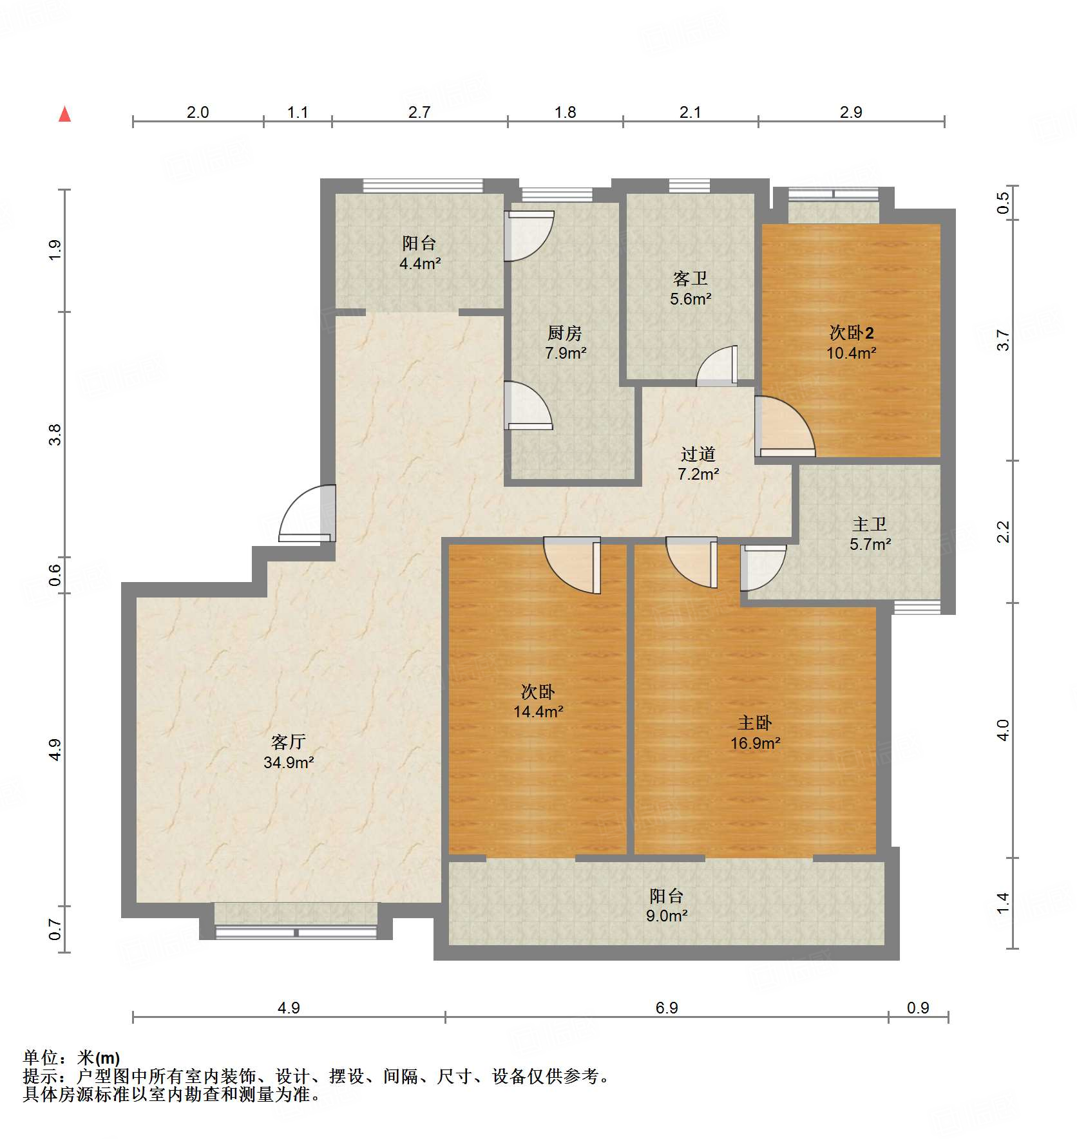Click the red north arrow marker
click(64, 114)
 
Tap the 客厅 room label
click(288, 742)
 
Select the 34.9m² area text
click(289, 763)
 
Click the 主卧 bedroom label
click(755, 723)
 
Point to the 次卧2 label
click(852, 332)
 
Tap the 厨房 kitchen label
click(565, 333)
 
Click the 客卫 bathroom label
click(691, 278)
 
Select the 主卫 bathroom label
click(870, 524)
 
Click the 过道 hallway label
click(698, 454)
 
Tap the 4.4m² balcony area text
click(420, 263)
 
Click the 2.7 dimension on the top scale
click(419, 112)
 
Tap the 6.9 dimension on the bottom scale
click(667, 1008)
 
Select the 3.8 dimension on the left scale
click(55, 435)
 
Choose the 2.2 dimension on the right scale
click(1003, 532)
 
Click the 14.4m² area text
click(538, 712)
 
